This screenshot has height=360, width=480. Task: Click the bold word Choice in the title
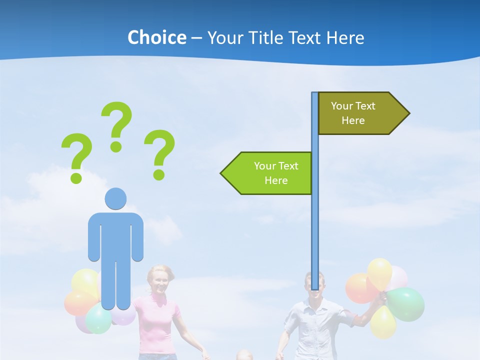click(x=156, y=37)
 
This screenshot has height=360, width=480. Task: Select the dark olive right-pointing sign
click(x=360, y=113)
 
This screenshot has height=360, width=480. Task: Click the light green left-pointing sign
click(x=270, y=173)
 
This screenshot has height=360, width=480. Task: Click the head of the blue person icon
click(x=115, y=199)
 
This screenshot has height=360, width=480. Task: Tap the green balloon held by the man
click(x=406, y=303)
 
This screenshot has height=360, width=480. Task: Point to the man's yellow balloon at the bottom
click(x=383, y=322)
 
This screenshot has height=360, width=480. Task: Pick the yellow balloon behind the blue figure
click(x=85, y=281)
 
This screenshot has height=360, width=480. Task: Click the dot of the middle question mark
click(x=116, y=146)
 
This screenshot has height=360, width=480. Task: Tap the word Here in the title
click(x=345, y=37)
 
